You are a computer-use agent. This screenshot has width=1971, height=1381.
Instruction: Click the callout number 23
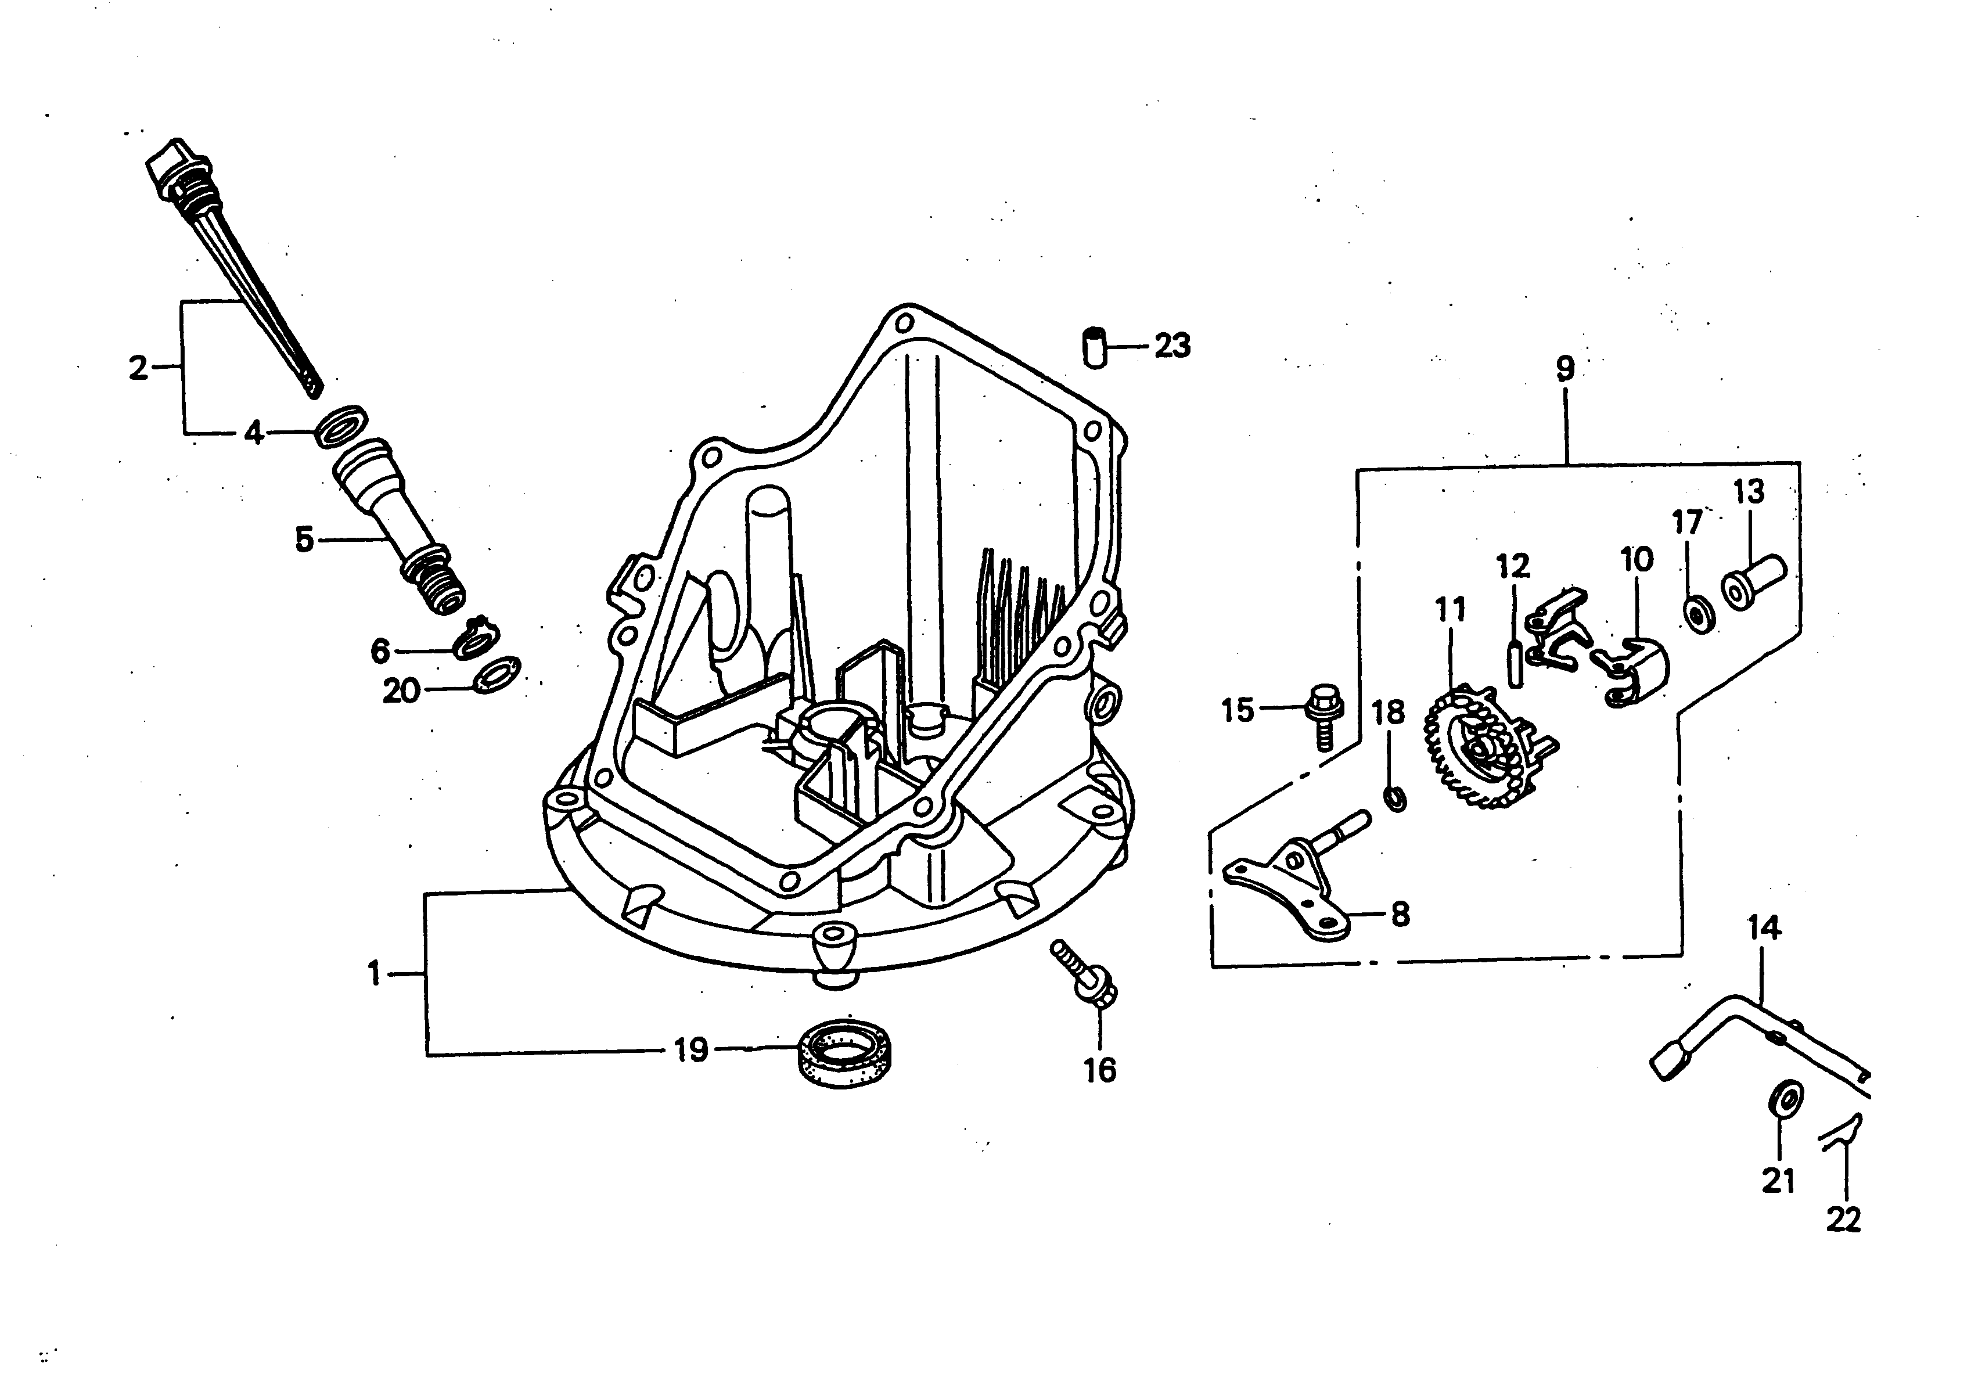[1172, 346]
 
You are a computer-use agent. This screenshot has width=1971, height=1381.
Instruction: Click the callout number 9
[1566, 369]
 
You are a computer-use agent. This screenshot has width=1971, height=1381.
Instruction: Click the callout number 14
[1764, 928]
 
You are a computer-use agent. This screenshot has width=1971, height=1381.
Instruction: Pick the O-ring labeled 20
[496, 675]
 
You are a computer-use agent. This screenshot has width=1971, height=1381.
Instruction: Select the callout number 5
[304, 541]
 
